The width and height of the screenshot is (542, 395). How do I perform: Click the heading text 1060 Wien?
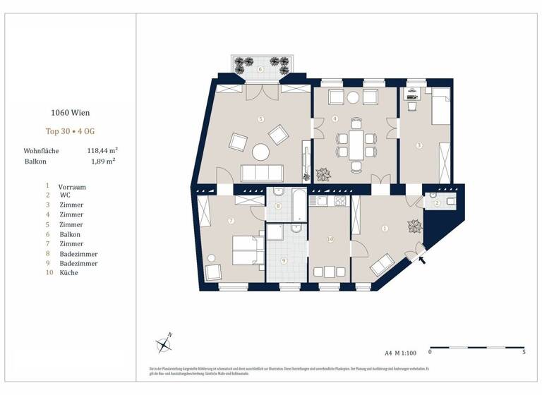(70, 112)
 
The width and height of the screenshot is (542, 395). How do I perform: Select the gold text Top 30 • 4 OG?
(70, 131)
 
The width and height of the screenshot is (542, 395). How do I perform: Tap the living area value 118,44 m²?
(102, 150)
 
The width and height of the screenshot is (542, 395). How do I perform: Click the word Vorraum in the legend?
(72, 187)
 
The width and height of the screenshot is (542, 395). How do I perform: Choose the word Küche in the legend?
(69, 272)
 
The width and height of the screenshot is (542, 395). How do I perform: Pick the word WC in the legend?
(66, 195)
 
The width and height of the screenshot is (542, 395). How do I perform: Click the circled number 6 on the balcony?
(260, 69)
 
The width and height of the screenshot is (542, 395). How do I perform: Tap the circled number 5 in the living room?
(260, 119)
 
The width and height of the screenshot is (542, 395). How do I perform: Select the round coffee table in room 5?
(261, 152)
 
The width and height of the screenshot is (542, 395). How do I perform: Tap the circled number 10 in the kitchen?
(330, 240)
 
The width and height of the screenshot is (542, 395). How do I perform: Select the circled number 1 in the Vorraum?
(385, 229)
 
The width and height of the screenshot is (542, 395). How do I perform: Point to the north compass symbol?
(165, 344)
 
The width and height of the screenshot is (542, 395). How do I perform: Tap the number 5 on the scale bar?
(523, 351)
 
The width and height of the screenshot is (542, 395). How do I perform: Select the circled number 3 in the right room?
(419, 146)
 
